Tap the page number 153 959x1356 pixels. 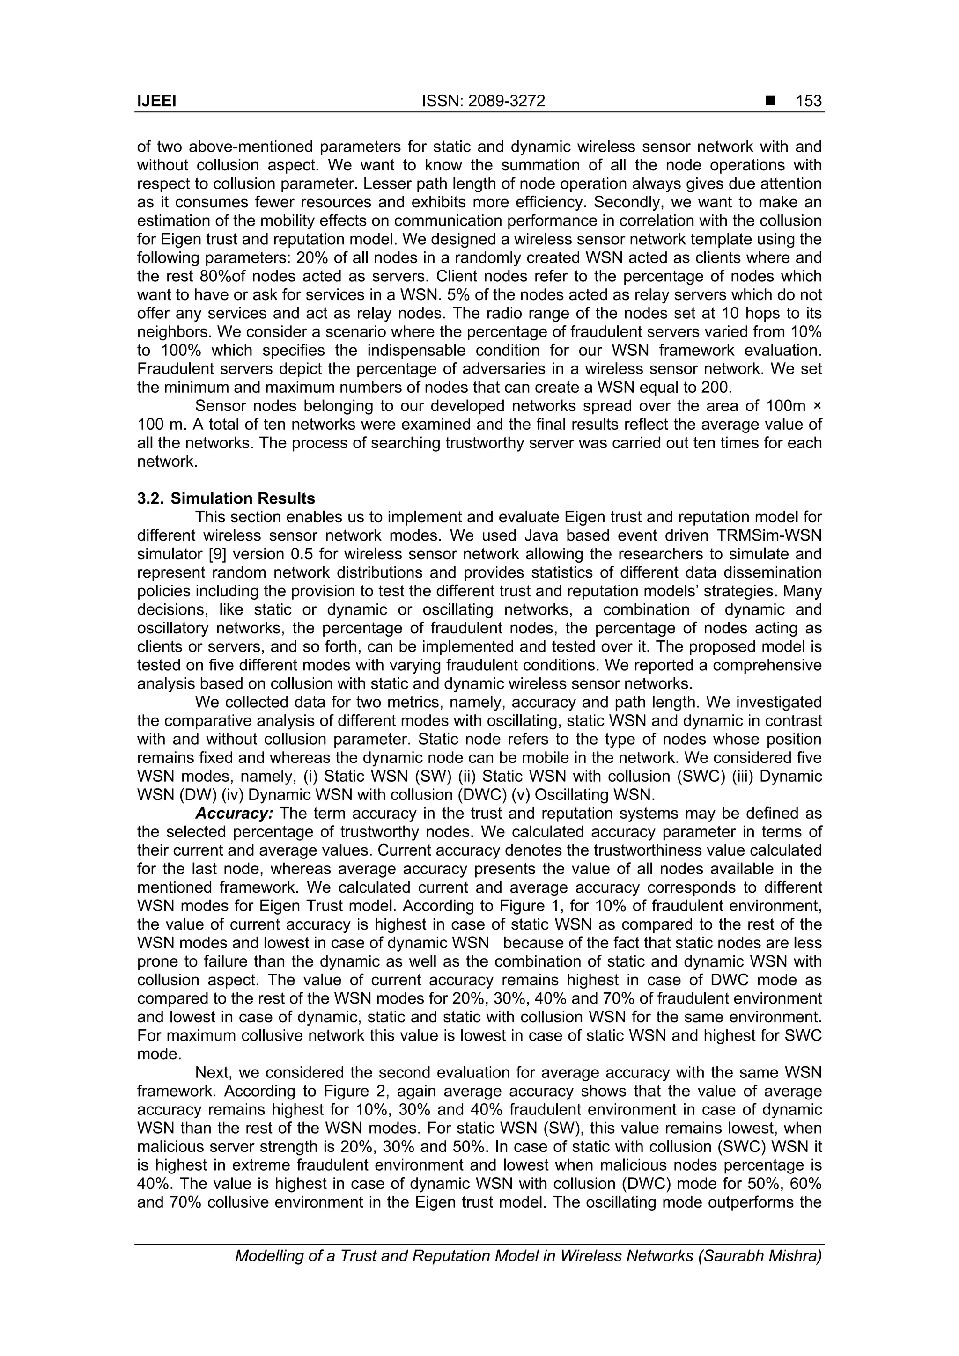coord(808,102)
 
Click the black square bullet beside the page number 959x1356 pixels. coord(770,102)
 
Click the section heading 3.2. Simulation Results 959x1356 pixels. coord(226,498)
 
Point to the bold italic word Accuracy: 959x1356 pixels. coord(234,813)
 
